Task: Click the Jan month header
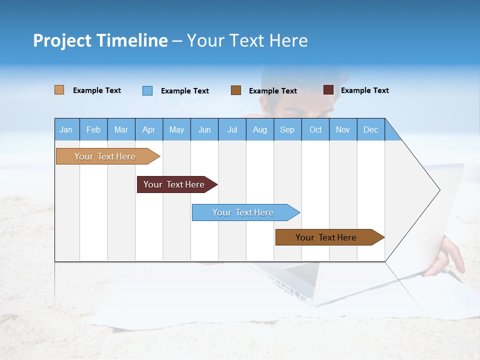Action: pyautogui.click(x=66, y=129)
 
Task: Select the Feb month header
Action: pyautogui.click(x=93, y=129)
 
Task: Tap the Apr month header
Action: pyautogui.click(x=148, y=129)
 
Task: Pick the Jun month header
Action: pyautogui.click(x=204, y=129)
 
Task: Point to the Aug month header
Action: pyautogui.click(x=260, y=129)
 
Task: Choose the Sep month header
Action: pyautogui.click(x=287, y=129)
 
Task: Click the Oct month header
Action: pyautogui.click(x=315, y=129)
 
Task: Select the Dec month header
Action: pyautogui.click(x=370, y=129)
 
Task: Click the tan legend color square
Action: pyautogui.click(x=59, y=90)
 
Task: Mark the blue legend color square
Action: pyautogui.click(x=147, y=90)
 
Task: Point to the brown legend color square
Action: pyautogui.click(x=236, y=90)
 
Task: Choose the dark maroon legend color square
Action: pyautogui.click(x=328, y=90)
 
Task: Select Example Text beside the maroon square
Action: pyautogui.click(x=364, y=90)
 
